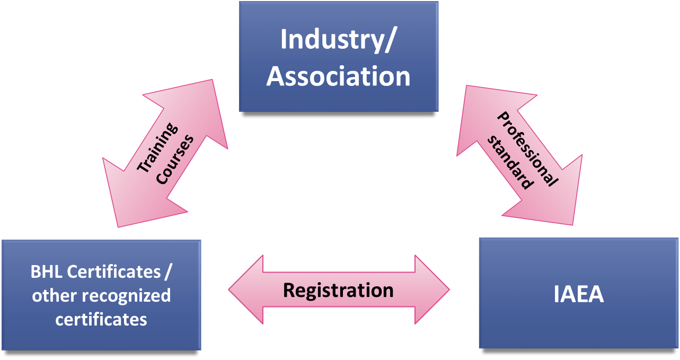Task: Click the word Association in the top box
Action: [x=338, y=76]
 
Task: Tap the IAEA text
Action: [x=579, y=295]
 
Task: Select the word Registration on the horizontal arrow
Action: [x=338, y=290]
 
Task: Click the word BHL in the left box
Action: [x=47, y=272]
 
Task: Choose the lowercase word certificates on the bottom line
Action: [x=101, y=319]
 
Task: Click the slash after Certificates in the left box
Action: [x=167, y=272]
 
